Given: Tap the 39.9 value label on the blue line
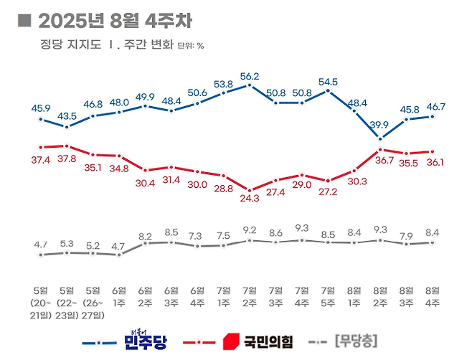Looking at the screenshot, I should click(x=380, y=126).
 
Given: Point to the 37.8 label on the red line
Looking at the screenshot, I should click(x=67, y=159).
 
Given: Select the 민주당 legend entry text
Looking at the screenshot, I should click(x=145, y=339).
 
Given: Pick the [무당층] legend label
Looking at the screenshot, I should click(x=356, y=339).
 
